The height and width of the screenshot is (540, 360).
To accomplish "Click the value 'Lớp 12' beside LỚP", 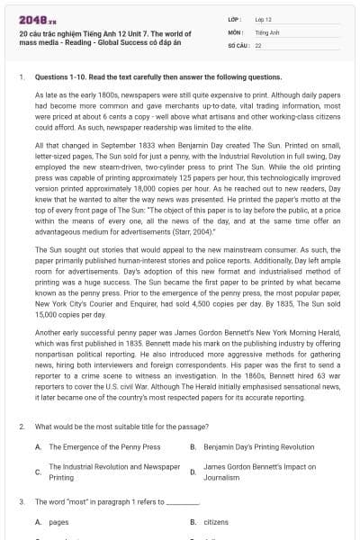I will point(264,18).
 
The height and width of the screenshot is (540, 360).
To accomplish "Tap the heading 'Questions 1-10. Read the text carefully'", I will point(134,77).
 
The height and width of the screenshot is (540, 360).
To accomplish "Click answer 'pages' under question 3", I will point(58,521).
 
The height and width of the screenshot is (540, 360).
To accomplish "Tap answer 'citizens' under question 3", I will point(216,521).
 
